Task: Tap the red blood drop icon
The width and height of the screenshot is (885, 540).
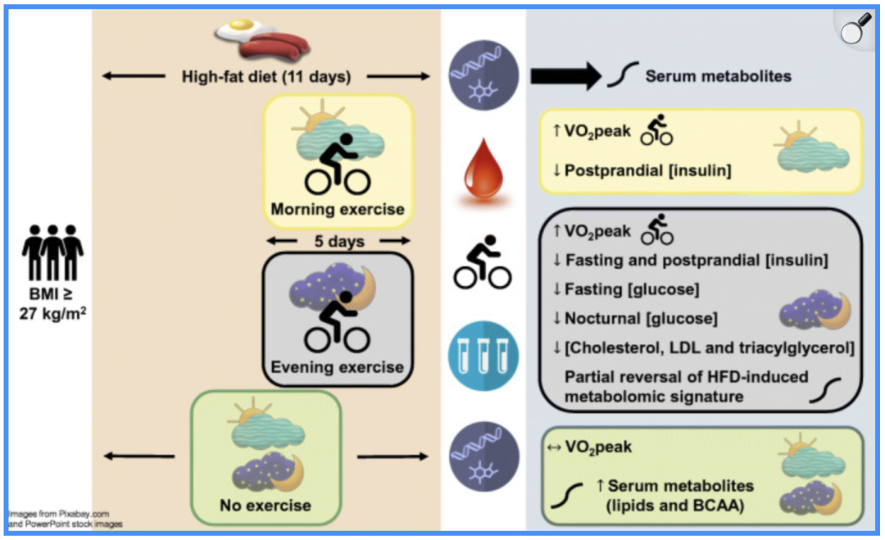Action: pos(483,169)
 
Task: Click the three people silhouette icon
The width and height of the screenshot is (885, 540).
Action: pos(53,252)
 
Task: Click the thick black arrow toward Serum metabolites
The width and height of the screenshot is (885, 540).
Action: pos(565,76)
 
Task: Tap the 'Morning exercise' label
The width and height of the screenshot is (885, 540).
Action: pos(338,209)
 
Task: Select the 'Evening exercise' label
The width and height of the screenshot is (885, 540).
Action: pos(338,366)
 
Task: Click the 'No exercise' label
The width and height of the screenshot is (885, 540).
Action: pos(265,506)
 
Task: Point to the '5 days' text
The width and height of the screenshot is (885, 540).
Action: pos(338,242)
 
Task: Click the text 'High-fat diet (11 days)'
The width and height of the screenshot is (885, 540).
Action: pos(266,77)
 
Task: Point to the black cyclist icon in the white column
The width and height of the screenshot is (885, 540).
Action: pos(483,261)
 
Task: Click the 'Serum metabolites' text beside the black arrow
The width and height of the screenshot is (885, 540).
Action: pos(718,76)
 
